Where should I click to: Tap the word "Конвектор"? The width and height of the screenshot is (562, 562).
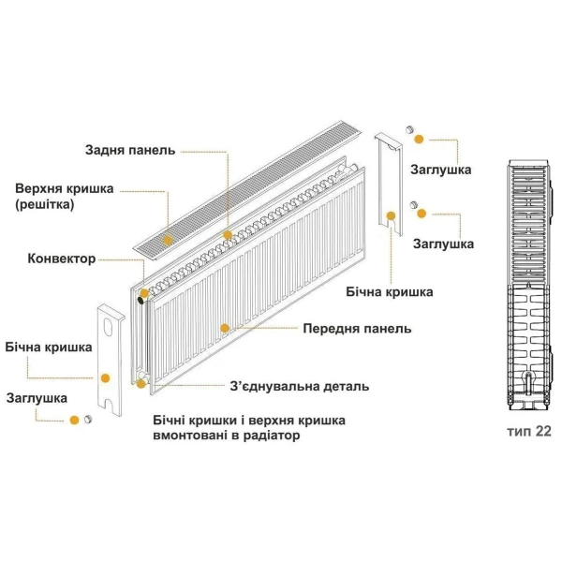pyautogui.click(x=62, y=259)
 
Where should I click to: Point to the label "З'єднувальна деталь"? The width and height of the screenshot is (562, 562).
pyautogui.click(x=299, y=386)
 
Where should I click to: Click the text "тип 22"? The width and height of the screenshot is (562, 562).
pyautogui.click(x=528, y=432)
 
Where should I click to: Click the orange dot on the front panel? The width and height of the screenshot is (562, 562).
pyautogui.click(x=225, y=328)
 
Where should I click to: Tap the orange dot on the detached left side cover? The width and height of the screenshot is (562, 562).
pyautogui.click(x=105, y=377)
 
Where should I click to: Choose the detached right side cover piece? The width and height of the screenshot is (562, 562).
pyautogui.click(x=388, y=187)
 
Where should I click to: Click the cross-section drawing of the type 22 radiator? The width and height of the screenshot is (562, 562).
pyautogui.click(x=527, y=286)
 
